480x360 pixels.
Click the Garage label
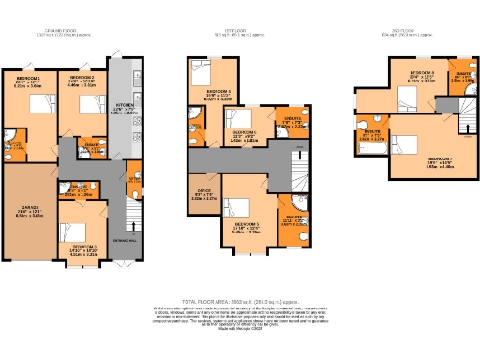point(26,211)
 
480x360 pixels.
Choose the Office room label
point(202,195)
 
